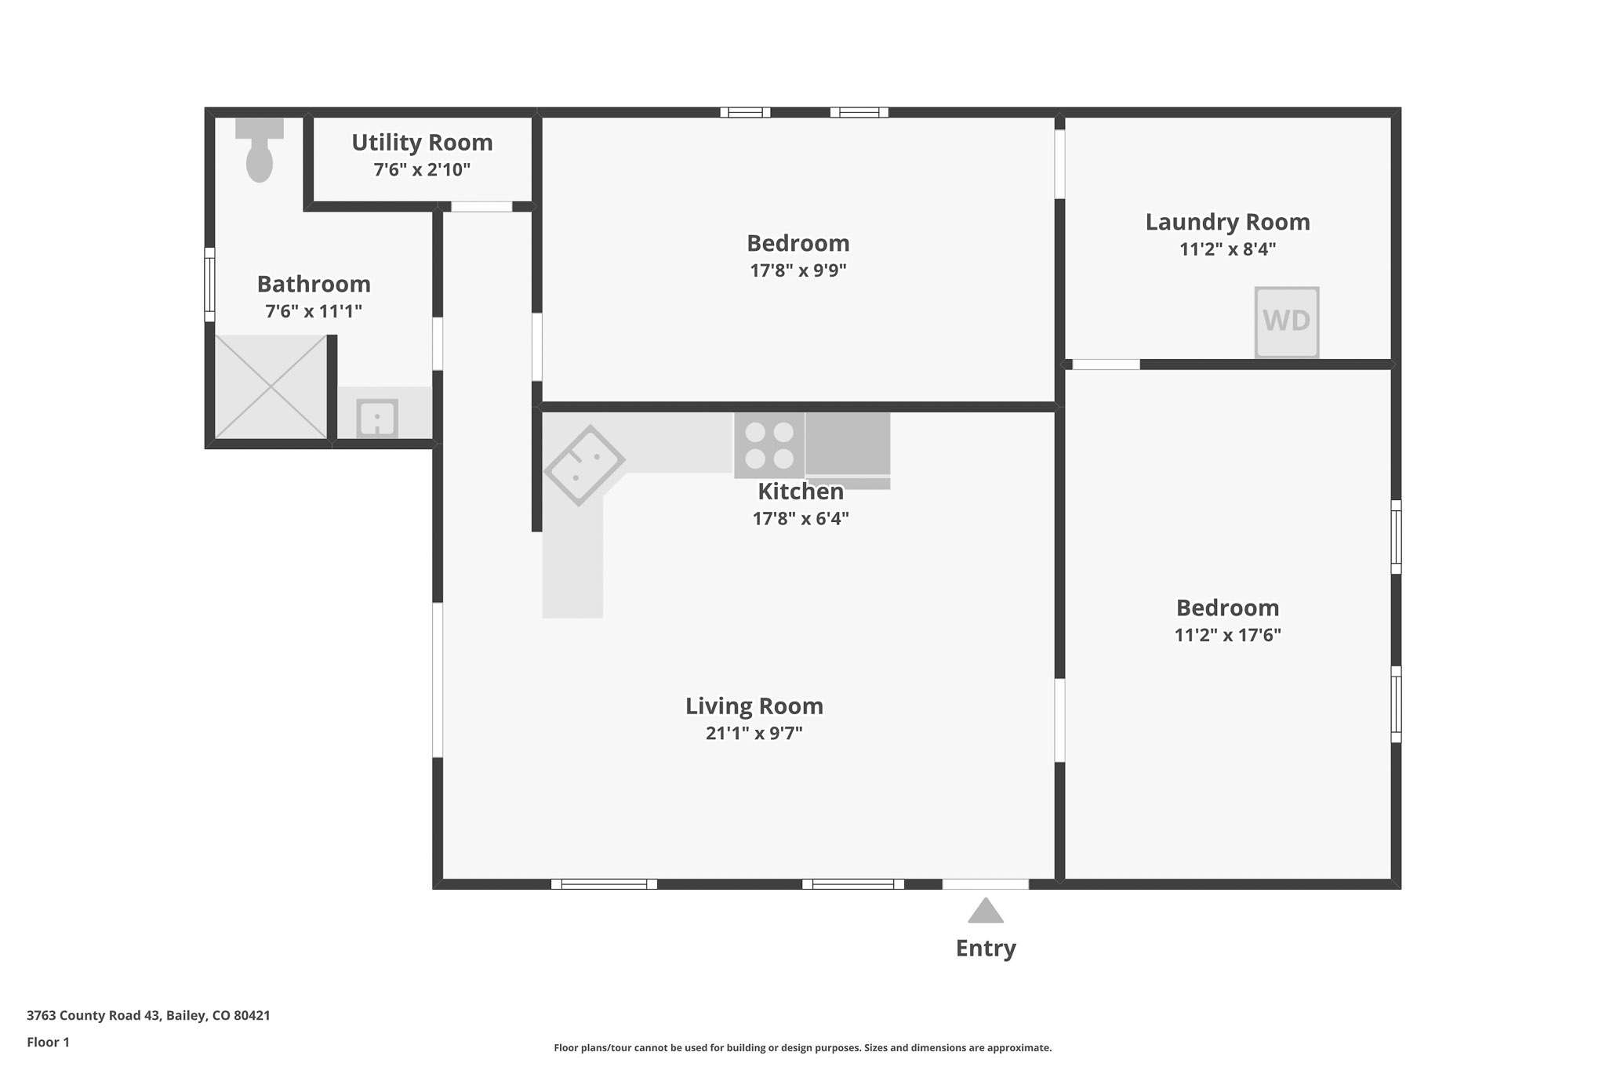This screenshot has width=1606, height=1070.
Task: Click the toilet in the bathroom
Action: (x=260, y=150)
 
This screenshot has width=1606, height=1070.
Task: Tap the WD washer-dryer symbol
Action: (x=1287, y=321)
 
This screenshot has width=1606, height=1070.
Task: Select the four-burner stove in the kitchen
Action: (x=769, y=445)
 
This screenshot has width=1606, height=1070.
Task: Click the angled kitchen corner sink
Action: (x=584, y=465)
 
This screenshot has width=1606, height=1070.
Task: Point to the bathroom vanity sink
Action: (x=377, y=418)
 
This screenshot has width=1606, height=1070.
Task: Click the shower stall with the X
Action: (x=271, y=386)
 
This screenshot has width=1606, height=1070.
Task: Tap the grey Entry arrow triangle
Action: (x=986, y=910)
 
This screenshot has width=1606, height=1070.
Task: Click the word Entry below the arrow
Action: (x=986, y=948)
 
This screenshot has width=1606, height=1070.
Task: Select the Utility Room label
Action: (x=422, y=143)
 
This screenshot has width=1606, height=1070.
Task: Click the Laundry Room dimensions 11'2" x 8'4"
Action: (x=1228, y=249)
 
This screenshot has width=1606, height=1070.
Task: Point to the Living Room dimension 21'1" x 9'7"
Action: (x=754, y=733)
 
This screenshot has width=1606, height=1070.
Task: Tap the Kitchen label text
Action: (x=801, y=491)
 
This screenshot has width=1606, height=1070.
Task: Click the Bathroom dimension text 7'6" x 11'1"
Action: (x=314, y=311)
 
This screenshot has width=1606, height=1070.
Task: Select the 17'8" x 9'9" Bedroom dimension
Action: (x=798, y=270)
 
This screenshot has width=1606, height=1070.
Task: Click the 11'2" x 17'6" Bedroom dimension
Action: (x=1228, y=635)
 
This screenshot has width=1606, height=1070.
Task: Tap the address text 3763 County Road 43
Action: (x=94, y=1016)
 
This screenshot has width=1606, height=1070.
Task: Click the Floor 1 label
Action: (x=48, y=1043)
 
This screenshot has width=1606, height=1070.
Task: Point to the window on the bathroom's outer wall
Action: (x=209, y=285)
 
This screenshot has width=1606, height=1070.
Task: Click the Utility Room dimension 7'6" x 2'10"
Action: (x=422, y=169)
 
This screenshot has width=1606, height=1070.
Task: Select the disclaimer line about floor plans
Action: (x=803, y=1048)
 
